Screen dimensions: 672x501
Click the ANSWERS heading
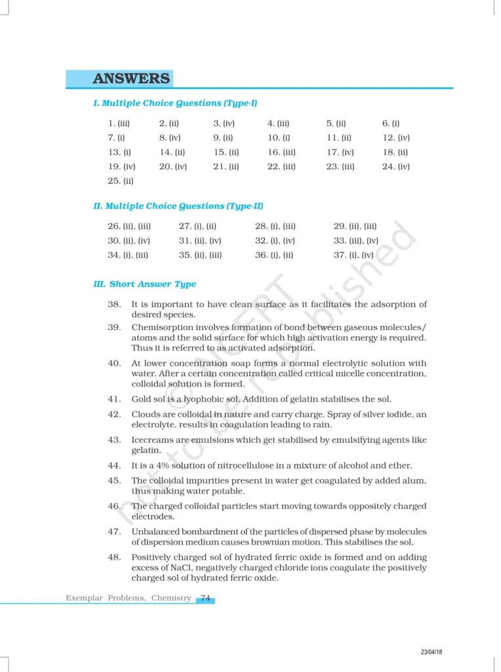pyautogui.click(x=131, y=79)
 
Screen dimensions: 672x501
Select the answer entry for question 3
pyautogui.click(x=224, y=123)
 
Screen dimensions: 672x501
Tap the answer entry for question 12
pyautogui.click(x=396, y=138)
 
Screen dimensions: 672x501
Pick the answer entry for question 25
pyautogui.click(x=121, y=181)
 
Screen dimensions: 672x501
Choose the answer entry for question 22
pyautogui.click(x=281, y=167)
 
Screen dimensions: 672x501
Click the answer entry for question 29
pyautogui.click(x=355, y=226)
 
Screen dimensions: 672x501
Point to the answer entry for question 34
pyautogui.click(x=128, y=255)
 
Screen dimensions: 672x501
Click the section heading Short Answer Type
pyautogui.click(x=145, y=284)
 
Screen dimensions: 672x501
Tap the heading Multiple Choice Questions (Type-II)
pyautogui.click(x=178, y=206)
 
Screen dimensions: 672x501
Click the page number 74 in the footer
pyautogui.click(x=205, y=598)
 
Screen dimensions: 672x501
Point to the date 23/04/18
pyautogui.click(x=431, y=652)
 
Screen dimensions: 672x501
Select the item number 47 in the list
pyautogui.click(x=115, y=532)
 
